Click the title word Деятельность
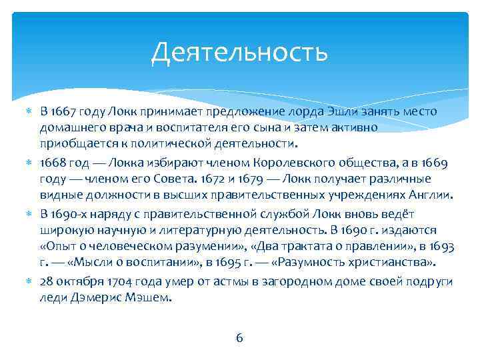point(239,53)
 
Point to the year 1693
point(441,247)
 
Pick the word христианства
point(392,264)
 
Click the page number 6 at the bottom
point(239,337)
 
